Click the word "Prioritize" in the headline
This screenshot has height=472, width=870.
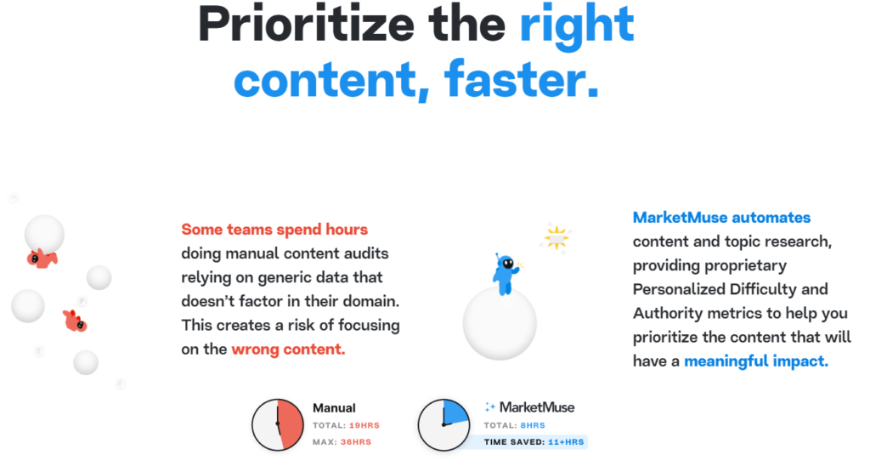click(x=306, y=26)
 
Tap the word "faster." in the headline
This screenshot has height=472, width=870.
click(x=522, y=79)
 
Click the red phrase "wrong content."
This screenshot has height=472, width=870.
click(x=288, y=350)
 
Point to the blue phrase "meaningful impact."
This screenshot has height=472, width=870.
click(x=755, y=361)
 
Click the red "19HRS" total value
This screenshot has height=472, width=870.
click(x=364, y=425)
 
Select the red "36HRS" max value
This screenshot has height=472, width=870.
click(x=356, y=442)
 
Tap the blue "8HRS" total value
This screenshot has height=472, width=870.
click(x=533, y=425)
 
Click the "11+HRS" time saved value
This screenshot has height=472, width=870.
click(x=566, y=442)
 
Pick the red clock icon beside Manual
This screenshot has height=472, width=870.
click(x=278, y=425)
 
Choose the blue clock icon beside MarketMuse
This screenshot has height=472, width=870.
click(x=443, y=425)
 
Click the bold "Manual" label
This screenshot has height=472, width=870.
click(x=334, y=408)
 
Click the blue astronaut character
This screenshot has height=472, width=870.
click(x=506, y=275)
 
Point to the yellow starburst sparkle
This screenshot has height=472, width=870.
click(x=556, y=238)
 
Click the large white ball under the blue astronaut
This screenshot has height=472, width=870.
click(x=500, y=324)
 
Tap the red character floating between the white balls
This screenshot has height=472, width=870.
click(x=75, y=321)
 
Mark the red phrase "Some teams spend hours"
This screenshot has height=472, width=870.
click(x=274, y=230)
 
